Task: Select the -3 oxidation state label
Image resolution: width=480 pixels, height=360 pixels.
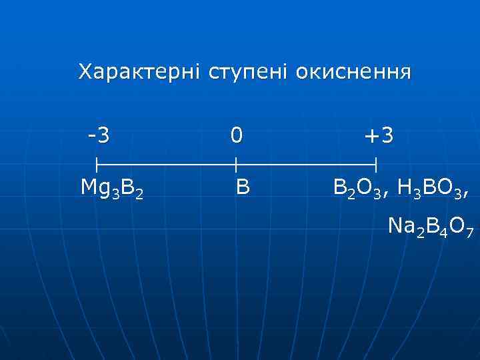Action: [99, 136]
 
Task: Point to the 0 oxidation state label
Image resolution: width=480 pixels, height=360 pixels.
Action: [236, 136]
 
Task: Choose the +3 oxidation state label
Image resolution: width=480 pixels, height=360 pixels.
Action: [378, 136]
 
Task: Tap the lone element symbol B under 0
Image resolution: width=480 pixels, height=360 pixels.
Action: [243, 188]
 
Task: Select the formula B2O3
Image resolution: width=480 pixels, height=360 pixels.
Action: [358, 189]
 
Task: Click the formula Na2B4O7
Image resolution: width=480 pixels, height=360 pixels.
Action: [431, 229]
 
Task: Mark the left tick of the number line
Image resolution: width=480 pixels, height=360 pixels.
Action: [97, 163]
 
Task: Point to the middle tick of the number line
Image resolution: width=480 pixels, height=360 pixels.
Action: [236, 163]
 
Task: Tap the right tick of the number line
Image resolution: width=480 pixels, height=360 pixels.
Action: [377, 163]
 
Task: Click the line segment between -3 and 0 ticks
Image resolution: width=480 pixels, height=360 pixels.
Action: [167, 163]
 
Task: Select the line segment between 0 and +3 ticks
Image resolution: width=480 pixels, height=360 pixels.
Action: [307, 163]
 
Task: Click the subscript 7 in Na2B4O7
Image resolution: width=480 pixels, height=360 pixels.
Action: [470, 233]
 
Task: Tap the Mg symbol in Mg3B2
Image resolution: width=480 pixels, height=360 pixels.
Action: [94, 189]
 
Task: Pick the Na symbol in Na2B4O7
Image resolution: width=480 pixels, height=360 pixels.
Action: [401, 228]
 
